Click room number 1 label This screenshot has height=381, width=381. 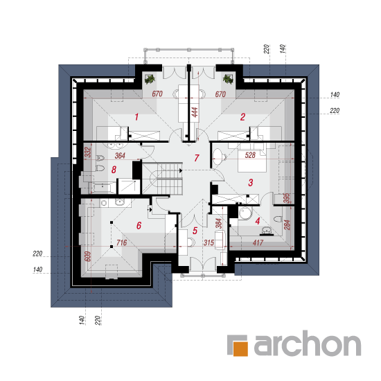[x=136, y=117]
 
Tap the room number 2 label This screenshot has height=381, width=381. [x=242, y=117]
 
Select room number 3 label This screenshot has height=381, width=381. [x=251, y=182]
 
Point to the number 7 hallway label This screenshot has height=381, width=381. [x=197, y=158]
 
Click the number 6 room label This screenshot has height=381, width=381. [x=139, y=226]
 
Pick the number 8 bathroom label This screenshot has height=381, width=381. [x=114, y=170]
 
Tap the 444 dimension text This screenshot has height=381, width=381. [x=195, y=112]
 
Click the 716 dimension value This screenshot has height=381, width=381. [x=121, y=242]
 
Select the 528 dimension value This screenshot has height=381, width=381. [x=250, y=155]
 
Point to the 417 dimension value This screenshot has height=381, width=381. [x=258, y=242]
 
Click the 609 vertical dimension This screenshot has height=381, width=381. [x=87, y=256]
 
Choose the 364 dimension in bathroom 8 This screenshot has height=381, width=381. [x=120, y=155]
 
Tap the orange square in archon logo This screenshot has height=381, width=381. [x=240, y=348]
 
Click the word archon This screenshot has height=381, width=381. [x=308, y=343]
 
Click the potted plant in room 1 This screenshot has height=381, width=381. [x=150, y=79]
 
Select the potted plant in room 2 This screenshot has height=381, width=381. [x=228, y=79]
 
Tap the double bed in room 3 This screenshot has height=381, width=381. [x=252, y=157]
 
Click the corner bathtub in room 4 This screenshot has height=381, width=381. [x=245, y=213]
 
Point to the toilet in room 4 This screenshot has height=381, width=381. [x=278, y=219]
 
